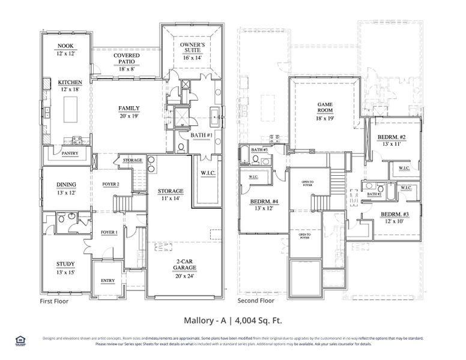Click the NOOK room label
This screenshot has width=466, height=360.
coord(65,46)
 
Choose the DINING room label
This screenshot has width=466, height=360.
coord(65,185)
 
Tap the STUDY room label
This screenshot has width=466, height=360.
coord(65,263)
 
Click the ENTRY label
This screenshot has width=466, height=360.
coord(108,280)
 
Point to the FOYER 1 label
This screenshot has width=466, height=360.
coord(109,232)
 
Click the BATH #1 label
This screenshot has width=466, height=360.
coord(201,136)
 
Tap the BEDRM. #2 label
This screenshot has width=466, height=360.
coord(393,137)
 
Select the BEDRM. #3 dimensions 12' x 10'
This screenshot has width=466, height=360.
coord(393,221)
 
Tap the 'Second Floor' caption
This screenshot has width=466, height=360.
coord(256,301)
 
